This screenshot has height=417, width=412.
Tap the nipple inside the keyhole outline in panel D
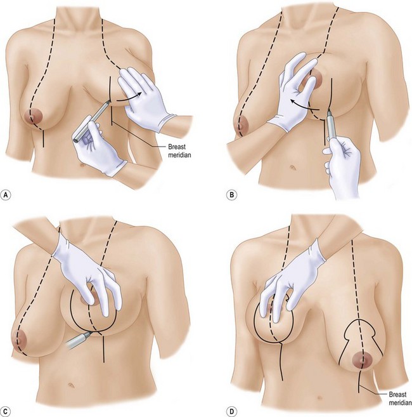[363, 360]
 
